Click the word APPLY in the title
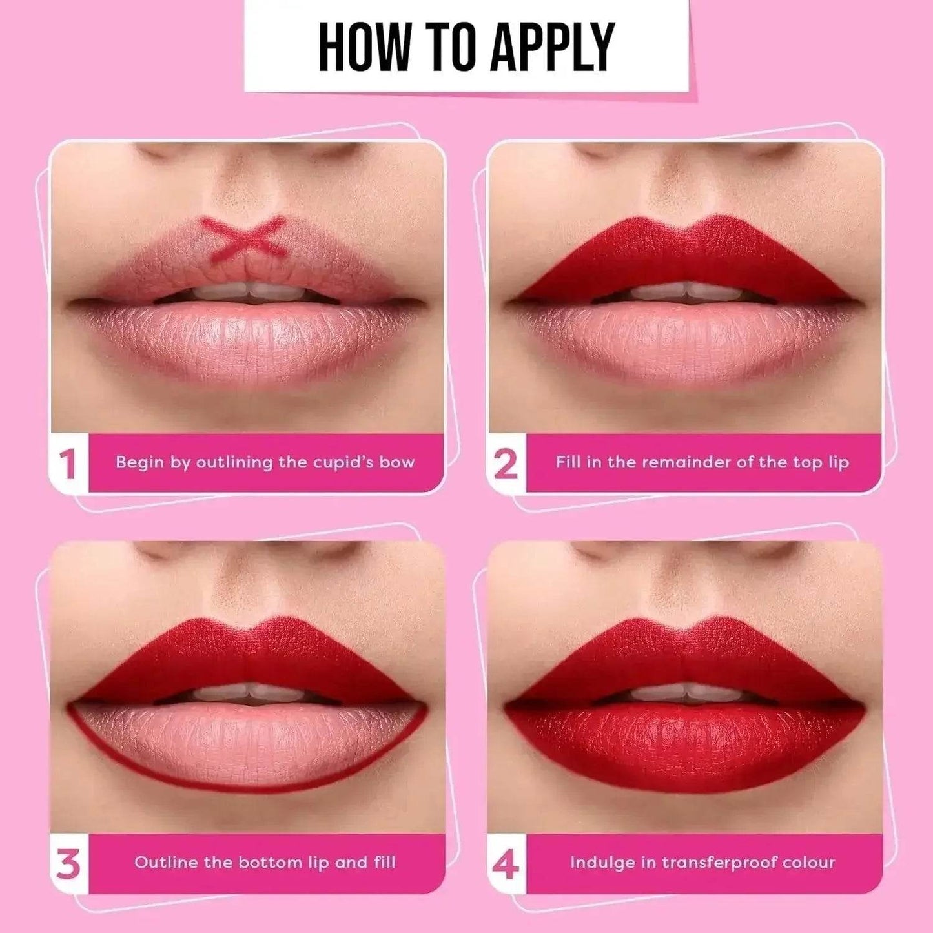pos(551,46)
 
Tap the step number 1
pos(68,464)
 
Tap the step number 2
pos(506,464)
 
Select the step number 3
pos(68,864)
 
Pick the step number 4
pos(506,864)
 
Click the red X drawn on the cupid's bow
pos(243,236)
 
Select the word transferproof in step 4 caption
pos(719,863)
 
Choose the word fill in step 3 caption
pos(384,863)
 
